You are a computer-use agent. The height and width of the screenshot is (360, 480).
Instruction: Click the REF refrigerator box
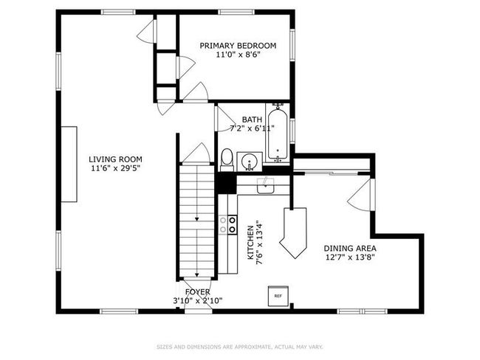click(x=278, y=296)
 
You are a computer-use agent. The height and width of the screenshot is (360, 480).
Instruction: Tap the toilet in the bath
click(x=227, y=160)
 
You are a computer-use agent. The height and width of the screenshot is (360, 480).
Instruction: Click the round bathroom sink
click(x=250, y=161)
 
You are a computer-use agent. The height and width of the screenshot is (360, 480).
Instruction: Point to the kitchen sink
click(x=265, y=185)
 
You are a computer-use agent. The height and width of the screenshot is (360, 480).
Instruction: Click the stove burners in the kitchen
click(x=227, y=224)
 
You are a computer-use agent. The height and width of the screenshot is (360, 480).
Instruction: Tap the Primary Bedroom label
click(x=238, y=46)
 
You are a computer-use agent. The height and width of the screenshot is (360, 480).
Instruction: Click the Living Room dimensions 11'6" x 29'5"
click(x=115, y=168)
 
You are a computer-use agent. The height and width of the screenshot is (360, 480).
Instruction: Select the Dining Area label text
click(x=350, y=249)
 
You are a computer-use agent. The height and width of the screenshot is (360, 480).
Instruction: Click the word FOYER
click(x=197, y=292)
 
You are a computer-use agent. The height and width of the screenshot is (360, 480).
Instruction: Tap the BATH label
click(x=252, y=120)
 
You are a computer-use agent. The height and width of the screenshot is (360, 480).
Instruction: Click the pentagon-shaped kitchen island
click(x=293, y=233)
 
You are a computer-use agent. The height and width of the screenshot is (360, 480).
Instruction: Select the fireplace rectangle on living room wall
click(x=69, y=165)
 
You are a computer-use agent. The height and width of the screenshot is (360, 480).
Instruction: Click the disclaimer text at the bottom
click(x=240, y=347)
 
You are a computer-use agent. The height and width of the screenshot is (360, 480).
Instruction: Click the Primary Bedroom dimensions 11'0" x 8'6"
click(x=238, y=55)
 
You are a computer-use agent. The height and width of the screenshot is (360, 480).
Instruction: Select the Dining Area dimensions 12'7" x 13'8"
click(x=350, y=257)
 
